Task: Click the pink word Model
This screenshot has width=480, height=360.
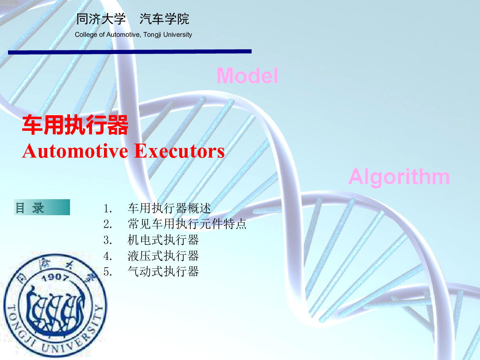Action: [x=247, y=76]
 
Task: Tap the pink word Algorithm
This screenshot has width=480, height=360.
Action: [x=399, y=177]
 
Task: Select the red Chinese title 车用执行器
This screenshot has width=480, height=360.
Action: [x=75, y=125]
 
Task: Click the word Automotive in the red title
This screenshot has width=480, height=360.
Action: [x=75, y=151]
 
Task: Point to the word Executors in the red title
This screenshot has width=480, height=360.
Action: [x=179, y=151]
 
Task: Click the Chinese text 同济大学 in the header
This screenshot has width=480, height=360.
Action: [x=101, y=19]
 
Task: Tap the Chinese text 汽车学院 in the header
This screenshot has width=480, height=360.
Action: [x=164, y=19]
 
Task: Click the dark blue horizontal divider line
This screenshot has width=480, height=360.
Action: [x=130, y=52]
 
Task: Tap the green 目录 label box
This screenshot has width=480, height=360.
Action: [x=42, y=207]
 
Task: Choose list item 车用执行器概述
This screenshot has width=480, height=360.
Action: [x=169, y=208]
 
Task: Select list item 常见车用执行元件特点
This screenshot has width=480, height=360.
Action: [x=187, y=224]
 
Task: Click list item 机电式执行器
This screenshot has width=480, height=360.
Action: [x=163, y=240]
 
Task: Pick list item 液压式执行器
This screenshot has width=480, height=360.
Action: [x=163, y=256]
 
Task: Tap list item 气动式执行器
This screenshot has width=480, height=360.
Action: [x=163, y=272]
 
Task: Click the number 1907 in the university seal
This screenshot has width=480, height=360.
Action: [x=55, y=278]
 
